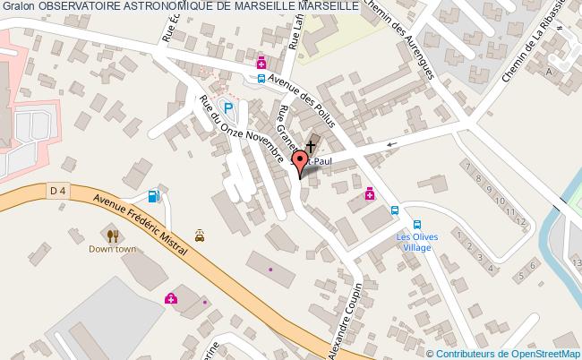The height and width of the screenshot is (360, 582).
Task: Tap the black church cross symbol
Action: coord(311,145)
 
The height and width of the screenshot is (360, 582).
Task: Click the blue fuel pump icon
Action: coord(154,195)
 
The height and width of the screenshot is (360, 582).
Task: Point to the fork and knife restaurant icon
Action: coord(112,236)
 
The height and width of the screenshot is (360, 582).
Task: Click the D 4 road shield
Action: coord(58,190)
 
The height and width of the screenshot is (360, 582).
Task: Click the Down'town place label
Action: coord(112,249)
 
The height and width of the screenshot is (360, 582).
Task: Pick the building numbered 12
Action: coord(518,217)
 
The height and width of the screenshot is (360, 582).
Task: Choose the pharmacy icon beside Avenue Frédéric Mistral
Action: coord(170,299)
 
